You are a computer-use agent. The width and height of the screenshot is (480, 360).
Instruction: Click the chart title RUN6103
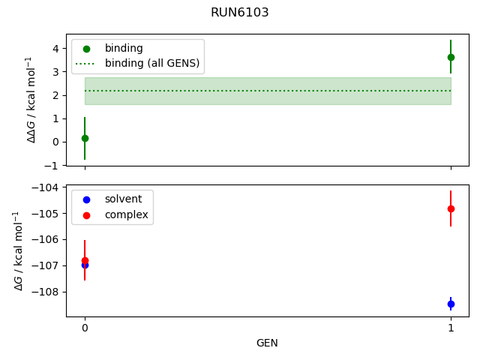click(240, 13)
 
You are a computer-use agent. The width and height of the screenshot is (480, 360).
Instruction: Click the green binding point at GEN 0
click(85, 138)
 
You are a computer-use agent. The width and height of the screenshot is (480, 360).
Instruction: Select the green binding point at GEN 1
click(451, 57)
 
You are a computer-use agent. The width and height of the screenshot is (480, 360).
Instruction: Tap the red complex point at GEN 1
click(451, 208)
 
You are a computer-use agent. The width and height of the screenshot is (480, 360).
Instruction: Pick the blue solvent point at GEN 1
click(451, 304)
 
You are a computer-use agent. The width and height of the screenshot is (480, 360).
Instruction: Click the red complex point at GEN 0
click(85, 260)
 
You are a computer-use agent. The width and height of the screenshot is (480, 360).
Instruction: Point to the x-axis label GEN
click(268, 343)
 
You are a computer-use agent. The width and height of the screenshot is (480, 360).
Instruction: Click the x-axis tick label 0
click(85, 328)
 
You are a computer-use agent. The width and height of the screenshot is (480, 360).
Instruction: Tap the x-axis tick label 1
click(451, 328)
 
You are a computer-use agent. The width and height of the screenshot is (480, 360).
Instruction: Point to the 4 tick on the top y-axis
click(54, 49)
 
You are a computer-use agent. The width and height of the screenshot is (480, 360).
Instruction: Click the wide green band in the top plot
click(268, 91)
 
